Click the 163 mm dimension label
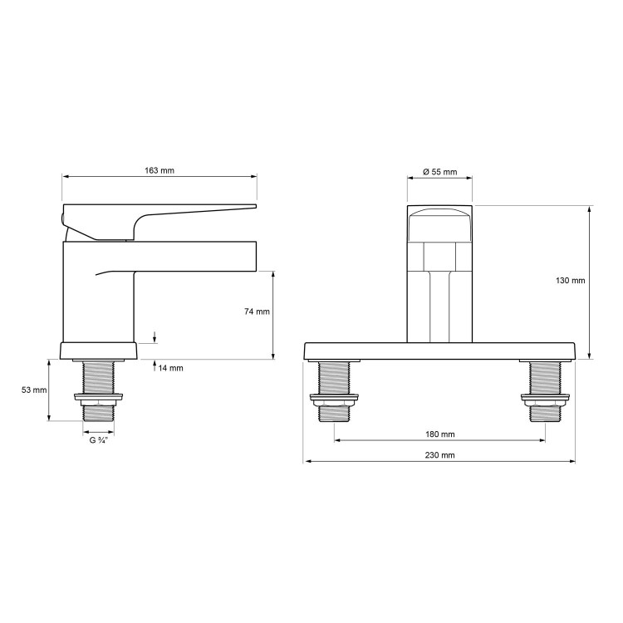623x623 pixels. pyautogui.click(x=159, y=170)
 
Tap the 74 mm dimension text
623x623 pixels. pyautogui.click(x=258, y=311)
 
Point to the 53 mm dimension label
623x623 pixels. pyautogui.click(x=34, y=390)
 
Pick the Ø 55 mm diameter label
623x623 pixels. pyautogui.click(x=439, y=172)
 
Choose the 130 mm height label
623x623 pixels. pyautogui.click(x=570, y=281)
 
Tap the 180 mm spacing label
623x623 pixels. pyautogui.click(x=439, y=434)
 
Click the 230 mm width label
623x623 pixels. pyautogui.click(x=439, y=455)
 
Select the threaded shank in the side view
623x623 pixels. pyautogui.click(x=99, y=378)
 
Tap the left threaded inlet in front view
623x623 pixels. pyautogui.click(x=335, y=380)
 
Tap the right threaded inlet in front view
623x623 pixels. pyautogui.click(x=544, y=380)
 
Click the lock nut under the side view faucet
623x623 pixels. pyautogui.click(x=99, y=399)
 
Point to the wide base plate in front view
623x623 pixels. pyautogui.click(x=439, y=351)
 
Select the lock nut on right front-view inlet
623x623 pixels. pyautogui.click(x=544, y=402)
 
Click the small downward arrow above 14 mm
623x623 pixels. pyautogui.click(x=155, y=336)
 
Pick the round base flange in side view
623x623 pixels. pyautogui.click(x=99, y=350)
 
